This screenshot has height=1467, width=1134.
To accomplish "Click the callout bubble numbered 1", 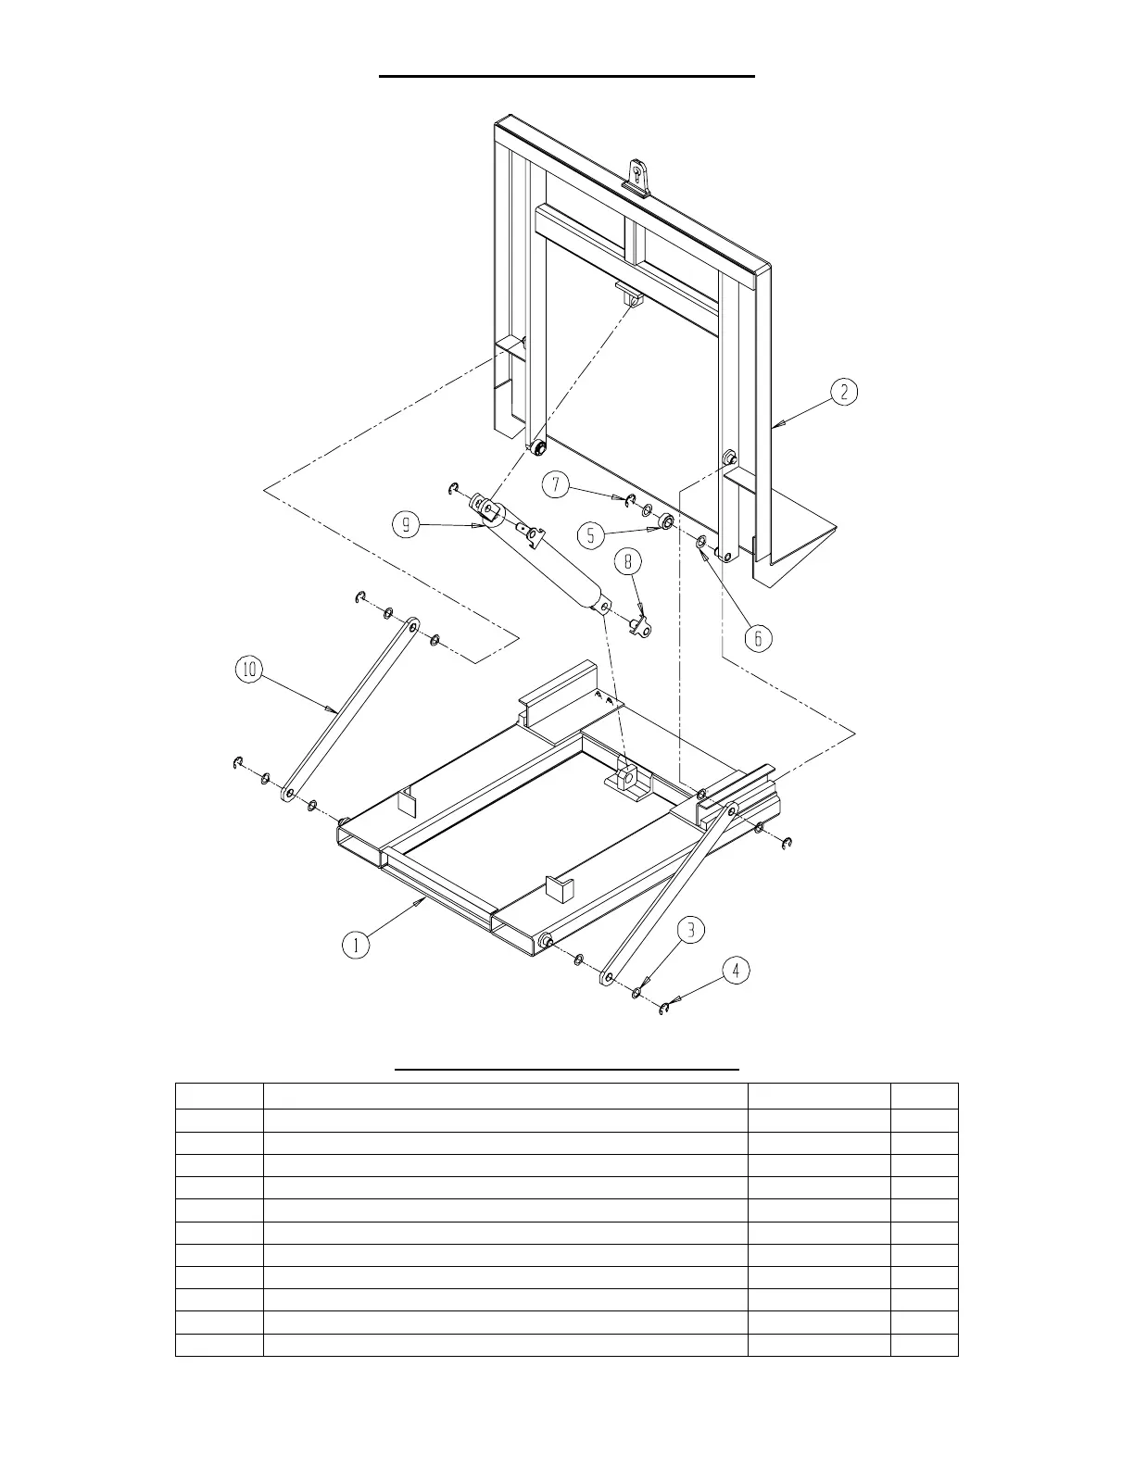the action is (355, 945).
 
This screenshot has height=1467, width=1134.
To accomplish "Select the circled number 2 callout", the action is (843, 392).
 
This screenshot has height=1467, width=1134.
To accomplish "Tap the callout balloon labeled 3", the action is (691, 930).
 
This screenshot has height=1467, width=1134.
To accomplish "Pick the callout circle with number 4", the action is (736, 971).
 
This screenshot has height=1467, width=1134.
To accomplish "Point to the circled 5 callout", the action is (590, 534).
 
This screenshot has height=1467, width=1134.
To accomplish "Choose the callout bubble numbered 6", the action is (758, 638).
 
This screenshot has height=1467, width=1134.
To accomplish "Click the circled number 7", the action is (555, 485).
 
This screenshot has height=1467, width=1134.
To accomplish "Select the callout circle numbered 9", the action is (407, 526).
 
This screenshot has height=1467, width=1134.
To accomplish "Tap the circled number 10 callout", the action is (250, 670).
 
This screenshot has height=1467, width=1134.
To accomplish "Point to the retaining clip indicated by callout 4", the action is (663, 1008).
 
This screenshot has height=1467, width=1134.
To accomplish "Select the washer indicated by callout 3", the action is (637, 993).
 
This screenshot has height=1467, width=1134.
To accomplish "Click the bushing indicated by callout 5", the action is (666, 523).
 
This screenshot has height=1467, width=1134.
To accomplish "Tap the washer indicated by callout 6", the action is (701, 541).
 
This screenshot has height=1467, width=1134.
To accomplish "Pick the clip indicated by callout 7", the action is (628, 502).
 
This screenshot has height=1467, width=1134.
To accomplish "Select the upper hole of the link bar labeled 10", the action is (410, 626).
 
